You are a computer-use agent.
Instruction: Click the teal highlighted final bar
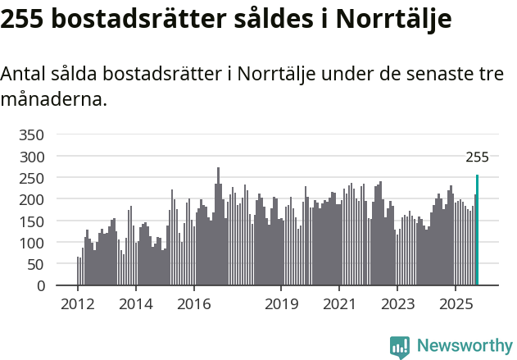click(x=477, y=230)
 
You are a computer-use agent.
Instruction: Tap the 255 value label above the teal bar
click(x=477, y=158)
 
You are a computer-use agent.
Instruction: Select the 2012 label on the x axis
click(x=78, y=304)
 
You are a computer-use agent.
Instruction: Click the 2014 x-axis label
click(x=135, y=304)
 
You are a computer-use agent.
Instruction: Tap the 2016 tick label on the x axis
click(x=193, y=304)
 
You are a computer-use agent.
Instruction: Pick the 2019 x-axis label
click(x=281, y=304)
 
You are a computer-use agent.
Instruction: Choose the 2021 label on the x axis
click(x=338, y=304)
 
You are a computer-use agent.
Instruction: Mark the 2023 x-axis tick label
click(x=397, y=304)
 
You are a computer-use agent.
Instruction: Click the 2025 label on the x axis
click(x=455, y=304)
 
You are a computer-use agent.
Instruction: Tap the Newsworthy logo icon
click(x=399, y=346)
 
